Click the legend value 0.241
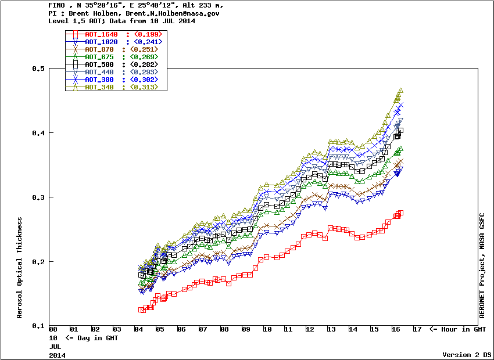pyautogui.click(x=148, y=42)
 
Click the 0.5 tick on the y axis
pyautogui.click(x=39, y=69)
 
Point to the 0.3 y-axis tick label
pyautogui.click(x=39, y=197)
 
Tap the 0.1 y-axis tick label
pyautogui.click(x=39, y=326)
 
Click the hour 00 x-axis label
pyautogui.click(x=53, y=330)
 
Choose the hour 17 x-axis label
pyautogui.click(x=417, y=330)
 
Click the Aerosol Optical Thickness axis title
pyautogui.click(x=19, y=268)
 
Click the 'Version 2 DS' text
pyautogui.click(x=467, y=354)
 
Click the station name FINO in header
pyautogui.click(x=57, y=5)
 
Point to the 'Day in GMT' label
pyautogui.click(x=90, y=337)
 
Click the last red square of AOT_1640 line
pyautogui.click(x=400, y=213)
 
